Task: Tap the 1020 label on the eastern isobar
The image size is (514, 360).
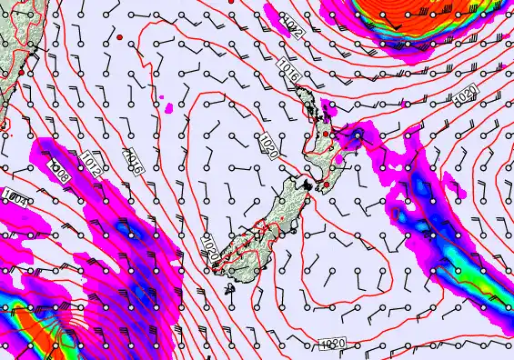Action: pyautogui.click(x=463, y=94)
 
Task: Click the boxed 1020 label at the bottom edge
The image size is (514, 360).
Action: pyautogui.click(x=332, y=343)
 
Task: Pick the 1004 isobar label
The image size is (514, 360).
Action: pyautogui.click(x=13, y=195)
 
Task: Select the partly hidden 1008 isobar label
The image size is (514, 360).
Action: pyautogui.click(x=58, y=170)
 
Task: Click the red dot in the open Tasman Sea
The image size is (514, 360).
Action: pyautogui.click(x=119, y=36)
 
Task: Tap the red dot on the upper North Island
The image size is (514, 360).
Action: pyautogui.click(x=327, y=133)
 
